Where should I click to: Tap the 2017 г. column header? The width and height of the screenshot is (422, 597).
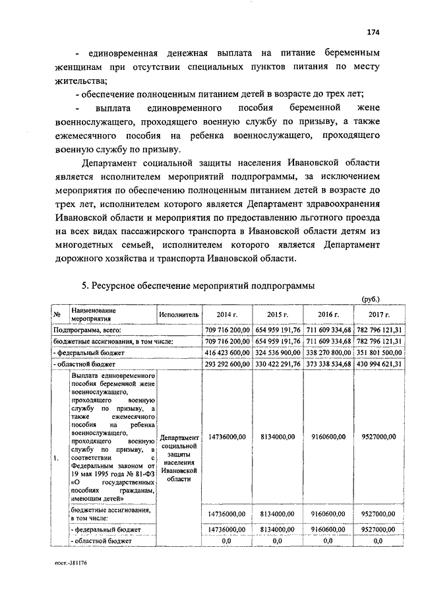[x=380, y=315]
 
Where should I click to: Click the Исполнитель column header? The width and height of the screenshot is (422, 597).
[x=179, y=315]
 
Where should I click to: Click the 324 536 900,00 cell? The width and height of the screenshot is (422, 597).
[x=279, y=352]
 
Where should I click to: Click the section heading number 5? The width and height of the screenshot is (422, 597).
[x=84, y=286]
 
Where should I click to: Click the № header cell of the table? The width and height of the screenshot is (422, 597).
[x=58, y=315]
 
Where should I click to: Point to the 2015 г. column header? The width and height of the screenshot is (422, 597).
[x=279, y=315]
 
